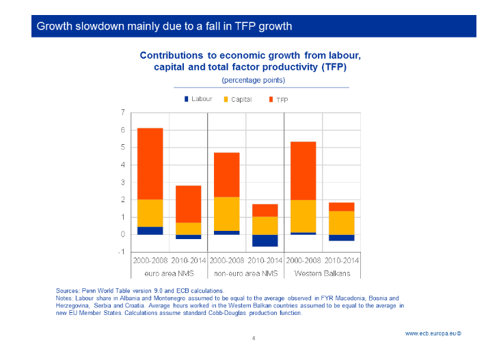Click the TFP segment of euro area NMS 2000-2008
tap(150, 163)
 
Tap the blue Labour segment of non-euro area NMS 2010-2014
tap(265, 240)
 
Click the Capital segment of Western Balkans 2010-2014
tap(341, 223)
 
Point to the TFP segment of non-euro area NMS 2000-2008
tap(226, 174)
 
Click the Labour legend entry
tap(198, 99)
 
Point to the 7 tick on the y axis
tap(122, 113)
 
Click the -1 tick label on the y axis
tap(121, 252)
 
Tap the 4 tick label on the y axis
tap(122, 165)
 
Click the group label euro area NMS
tap(169, 273)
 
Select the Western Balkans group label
tap(322, 273)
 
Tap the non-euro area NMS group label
tap(245, 273)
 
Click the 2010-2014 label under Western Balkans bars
tap(341, 261)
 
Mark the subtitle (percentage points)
tap(253, 80)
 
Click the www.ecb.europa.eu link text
tap(433, 333)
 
